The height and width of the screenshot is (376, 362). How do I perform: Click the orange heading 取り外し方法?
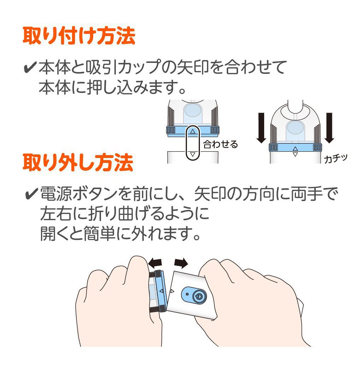click(78, 163)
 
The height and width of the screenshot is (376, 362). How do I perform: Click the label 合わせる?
click(220, 144)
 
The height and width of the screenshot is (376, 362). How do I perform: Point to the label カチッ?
click(336, 158)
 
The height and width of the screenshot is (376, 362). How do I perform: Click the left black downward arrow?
click(261, 128)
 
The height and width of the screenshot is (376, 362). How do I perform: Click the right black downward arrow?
click(330, 128)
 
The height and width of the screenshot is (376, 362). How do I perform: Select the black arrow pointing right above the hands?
click(181, 263)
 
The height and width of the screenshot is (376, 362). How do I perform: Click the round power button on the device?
click(198, 297)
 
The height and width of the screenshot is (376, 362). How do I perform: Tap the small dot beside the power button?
click(187, 294)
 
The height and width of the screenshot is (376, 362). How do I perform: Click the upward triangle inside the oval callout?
click(193, 131)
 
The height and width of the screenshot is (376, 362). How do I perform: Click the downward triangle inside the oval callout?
click(193, 154)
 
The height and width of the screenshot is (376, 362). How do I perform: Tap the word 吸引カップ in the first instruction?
click(123, 67)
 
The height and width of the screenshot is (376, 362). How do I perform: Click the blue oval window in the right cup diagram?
click(295, 127)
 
